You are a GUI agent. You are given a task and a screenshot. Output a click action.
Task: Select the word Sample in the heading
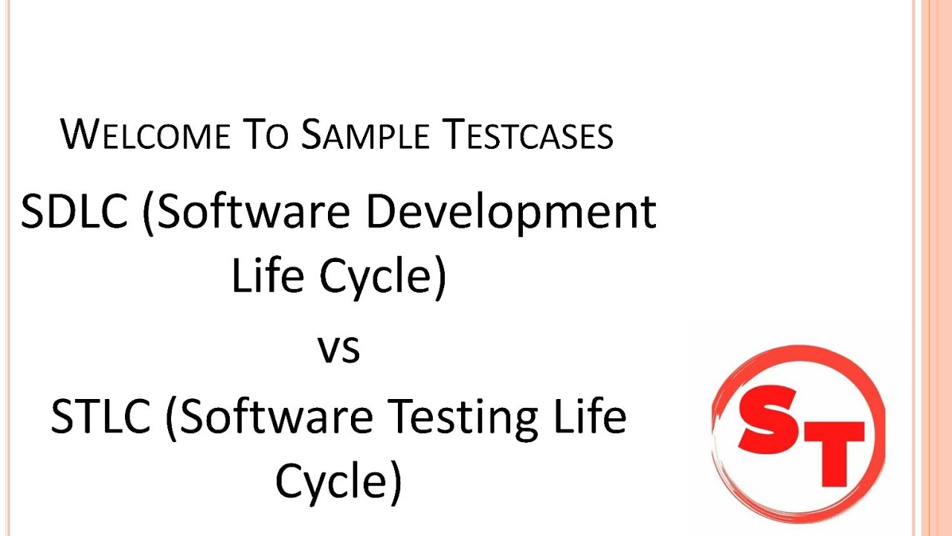(x=365, y=135)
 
